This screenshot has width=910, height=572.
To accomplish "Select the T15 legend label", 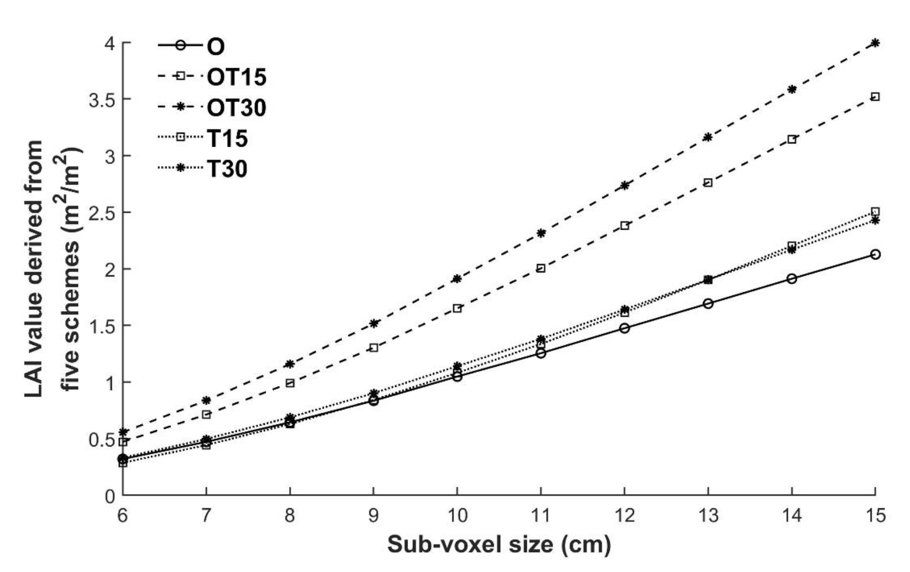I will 227,138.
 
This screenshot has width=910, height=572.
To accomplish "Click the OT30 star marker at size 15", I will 875,43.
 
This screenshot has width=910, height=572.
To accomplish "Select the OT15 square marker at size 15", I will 875,97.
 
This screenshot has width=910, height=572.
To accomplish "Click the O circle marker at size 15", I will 875,255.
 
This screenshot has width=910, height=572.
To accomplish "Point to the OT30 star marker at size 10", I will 457,279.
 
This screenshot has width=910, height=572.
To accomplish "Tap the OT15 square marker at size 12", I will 625,226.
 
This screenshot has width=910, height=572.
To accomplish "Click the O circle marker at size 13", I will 708,303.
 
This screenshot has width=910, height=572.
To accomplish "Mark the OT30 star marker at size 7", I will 206,400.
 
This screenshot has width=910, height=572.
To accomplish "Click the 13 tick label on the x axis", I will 708,516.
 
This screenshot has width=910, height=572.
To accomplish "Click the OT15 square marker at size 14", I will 792,139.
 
